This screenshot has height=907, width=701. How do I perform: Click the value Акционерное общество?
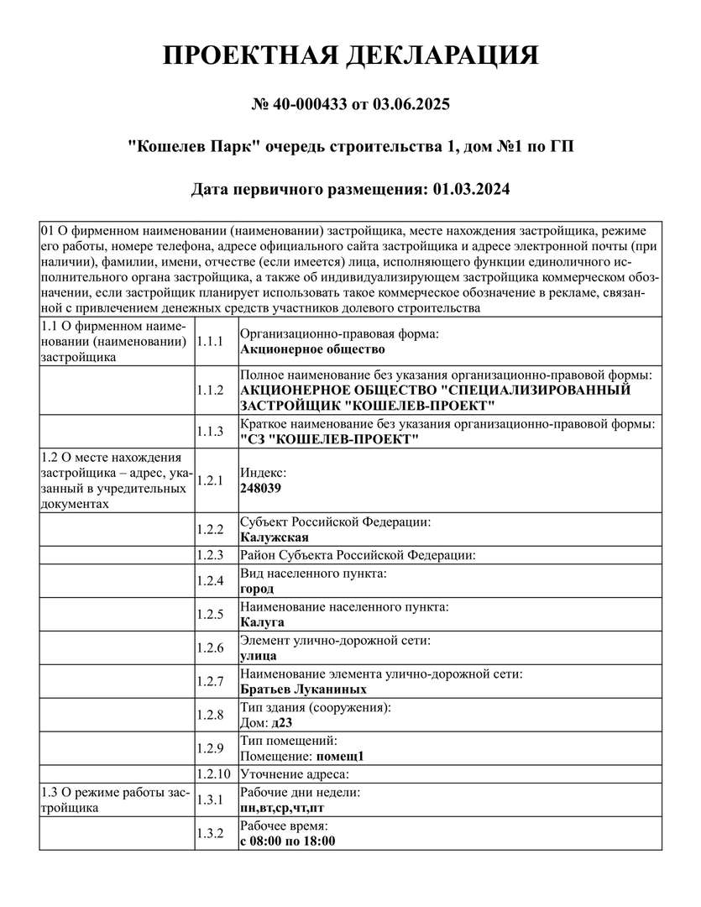pos(312,349)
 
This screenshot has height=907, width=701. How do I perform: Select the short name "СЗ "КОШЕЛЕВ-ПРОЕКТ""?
pos(329,440)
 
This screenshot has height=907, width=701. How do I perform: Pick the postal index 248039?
pos(261,487)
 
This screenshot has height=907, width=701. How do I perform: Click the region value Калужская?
pos(275,537)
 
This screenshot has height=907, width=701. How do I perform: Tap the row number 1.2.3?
pos(209,555)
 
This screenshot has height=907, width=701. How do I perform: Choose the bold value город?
pos(257,589)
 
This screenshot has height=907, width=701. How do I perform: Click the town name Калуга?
pos(262,622)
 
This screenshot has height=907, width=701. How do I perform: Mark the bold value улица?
pos(259,656)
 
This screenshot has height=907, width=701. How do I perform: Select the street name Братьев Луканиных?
pos(303,689)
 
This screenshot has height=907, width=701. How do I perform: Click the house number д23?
pos(281,722)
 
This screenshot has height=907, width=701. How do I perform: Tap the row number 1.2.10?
pos(212,773)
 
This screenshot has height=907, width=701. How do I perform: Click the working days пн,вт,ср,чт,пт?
pos(282,807)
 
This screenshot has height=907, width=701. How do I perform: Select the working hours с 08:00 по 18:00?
pos(288,841)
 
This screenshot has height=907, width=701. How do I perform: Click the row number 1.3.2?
pos(209,833)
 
